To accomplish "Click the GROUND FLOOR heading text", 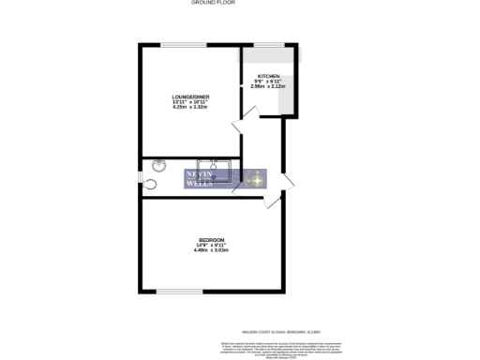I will click(x=214, y=3).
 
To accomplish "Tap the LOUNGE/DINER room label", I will click(x=189, y=97).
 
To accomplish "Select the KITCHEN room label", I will click(x=269, y=76).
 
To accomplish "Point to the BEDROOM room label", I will click(x=211, y=241).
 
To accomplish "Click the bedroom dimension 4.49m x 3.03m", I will click(x=211, y=250).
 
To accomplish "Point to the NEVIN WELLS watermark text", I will click(x=201, y=179).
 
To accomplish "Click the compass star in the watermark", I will click(x=251, y=179).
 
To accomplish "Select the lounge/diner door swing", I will click(x=246, y=116).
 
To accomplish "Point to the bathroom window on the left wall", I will click(x=142, y=176).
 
